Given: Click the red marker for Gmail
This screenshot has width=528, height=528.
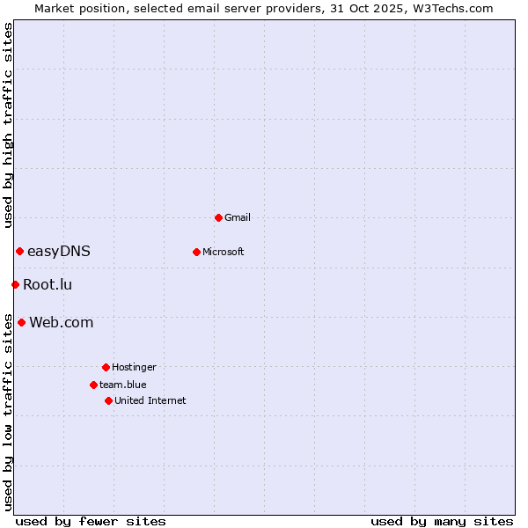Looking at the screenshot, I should click(x=218, y=217).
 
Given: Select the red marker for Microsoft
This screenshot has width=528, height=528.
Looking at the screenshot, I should click(x=196, y=252).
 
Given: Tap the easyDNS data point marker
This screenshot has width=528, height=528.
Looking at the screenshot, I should click(x=19, y=252).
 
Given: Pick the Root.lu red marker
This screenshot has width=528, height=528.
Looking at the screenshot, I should click(x=15, y=284).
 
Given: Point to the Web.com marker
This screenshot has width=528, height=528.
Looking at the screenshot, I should click(x=21, y=322).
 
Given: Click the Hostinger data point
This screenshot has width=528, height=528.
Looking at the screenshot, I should click(x=106, y=367).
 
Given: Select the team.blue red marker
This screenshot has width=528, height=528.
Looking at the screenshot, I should click(x=93, y=385).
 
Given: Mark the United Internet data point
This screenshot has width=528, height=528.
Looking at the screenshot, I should click(x=108, y=400).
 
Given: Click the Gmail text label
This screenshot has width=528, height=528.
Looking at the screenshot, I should click(x=238, y=217).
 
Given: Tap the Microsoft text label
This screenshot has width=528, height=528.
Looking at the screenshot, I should click(x=224, y=252).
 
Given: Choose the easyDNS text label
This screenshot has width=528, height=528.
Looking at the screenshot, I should click(x=59, y=252).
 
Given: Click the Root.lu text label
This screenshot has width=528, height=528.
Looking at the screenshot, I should click(x=48, y=284).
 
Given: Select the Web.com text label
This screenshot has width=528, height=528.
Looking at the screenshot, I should click(x=61, y=323).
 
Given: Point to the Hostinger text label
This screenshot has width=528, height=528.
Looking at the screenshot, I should click(x=134, y=367).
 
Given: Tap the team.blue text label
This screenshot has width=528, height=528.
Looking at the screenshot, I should click(x=123, y=385).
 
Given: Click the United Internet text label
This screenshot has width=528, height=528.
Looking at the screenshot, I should click(x=150, y=400).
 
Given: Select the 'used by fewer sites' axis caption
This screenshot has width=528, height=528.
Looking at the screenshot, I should click(x=91, y=521).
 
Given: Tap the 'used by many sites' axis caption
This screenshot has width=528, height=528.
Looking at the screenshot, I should click(x=442, y=521).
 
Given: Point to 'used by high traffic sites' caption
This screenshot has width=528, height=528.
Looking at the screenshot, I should click(x=8, y=125).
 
